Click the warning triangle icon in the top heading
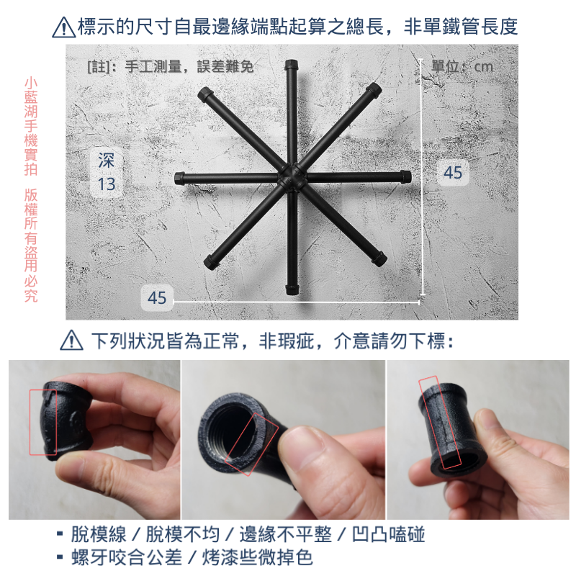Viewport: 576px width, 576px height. (x=64, y=28)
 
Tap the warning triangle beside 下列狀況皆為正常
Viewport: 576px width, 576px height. (x=71, y=340)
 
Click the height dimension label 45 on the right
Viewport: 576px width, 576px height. (x=453, y=172)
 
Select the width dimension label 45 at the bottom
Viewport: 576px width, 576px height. (x=157, y=297)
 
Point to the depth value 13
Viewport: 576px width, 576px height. (x=107, y=184)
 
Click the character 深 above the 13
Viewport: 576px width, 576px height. (x=107, y=161)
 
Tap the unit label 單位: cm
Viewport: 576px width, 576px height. (x=462, y=66)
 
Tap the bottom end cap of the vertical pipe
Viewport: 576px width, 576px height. (x=292, y=290)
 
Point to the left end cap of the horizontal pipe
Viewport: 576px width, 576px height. (x=181, y=176)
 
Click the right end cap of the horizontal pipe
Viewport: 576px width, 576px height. (x=405, y=176)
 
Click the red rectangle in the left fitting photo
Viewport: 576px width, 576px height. (x=44, y=422)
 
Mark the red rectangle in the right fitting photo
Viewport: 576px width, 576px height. (x=439, y=422)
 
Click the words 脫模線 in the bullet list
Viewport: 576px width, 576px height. (x=99, y=534)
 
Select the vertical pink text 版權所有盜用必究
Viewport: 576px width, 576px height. (x=31, y=245)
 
